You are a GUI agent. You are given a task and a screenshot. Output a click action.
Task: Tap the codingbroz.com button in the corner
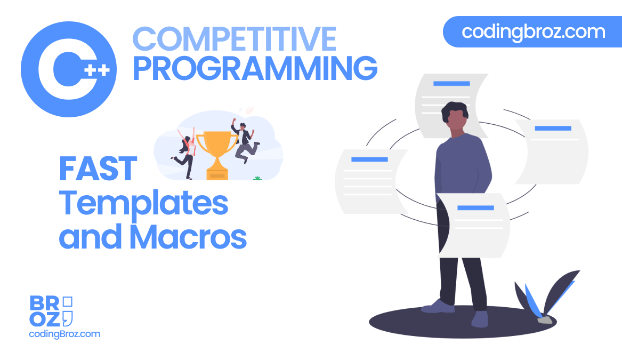point(533,32)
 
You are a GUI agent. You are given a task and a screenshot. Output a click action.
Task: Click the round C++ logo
point(69,69)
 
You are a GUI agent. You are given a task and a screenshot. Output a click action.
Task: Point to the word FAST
point(98,169)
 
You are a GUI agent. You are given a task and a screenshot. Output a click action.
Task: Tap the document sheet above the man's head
point(451,98)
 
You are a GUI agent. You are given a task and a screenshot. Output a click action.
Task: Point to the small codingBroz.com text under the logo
point(64,334)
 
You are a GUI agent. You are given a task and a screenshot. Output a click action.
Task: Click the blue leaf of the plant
point(534,299)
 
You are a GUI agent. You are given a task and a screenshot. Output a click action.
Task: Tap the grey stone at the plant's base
point(545,319)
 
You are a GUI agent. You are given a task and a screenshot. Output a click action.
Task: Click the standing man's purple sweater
point(462,165)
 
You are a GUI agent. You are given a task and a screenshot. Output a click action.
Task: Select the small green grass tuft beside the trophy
point(258,178)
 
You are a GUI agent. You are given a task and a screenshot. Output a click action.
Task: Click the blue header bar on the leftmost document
point(369,159)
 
